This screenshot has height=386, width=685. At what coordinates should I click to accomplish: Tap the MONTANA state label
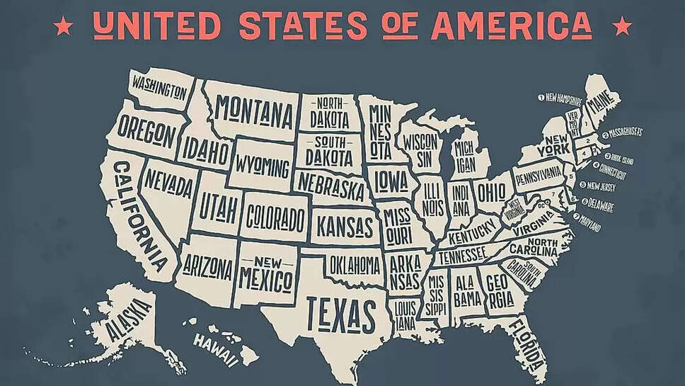click(x=254, y=111)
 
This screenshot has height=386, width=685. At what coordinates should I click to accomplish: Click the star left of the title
click(x=64, y=27)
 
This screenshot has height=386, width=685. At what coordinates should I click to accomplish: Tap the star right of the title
click(x=623, y=27)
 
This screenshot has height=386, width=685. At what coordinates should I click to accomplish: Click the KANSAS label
click(x=344, y=226)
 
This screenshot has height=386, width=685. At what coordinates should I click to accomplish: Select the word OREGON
click(x=146, y=130)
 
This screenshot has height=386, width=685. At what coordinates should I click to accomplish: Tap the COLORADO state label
click(x=275, y=217)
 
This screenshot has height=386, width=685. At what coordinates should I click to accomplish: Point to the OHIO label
click(x=491, y=191)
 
